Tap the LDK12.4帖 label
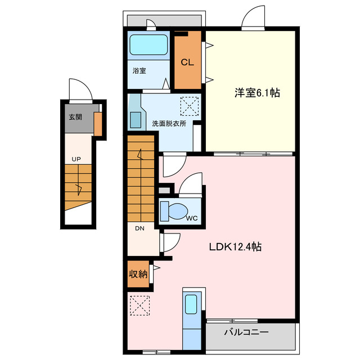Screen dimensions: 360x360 tap(236, 246)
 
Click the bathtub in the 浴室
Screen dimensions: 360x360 tap(148, 44)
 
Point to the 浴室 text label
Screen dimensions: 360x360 tap(139, 71)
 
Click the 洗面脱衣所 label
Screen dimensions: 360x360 tap(169, 123)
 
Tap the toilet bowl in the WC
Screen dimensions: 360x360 tap(177, 211)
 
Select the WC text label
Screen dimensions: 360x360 tap(192, 219)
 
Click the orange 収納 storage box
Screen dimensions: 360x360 tap(137, 274)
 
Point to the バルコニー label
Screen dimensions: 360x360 tap(246, 332)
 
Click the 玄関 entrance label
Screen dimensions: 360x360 tap(75, 118)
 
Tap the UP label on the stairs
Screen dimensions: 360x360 tap(76, 159)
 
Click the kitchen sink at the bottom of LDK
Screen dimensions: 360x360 tap(191, 304)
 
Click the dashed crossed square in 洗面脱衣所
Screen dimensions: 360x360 tap(189, 105)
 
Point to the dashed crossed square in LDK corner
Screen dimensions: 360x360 tap(139, 305)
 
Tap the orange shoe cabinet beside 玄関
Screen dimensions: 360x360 tap(98, 124)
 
